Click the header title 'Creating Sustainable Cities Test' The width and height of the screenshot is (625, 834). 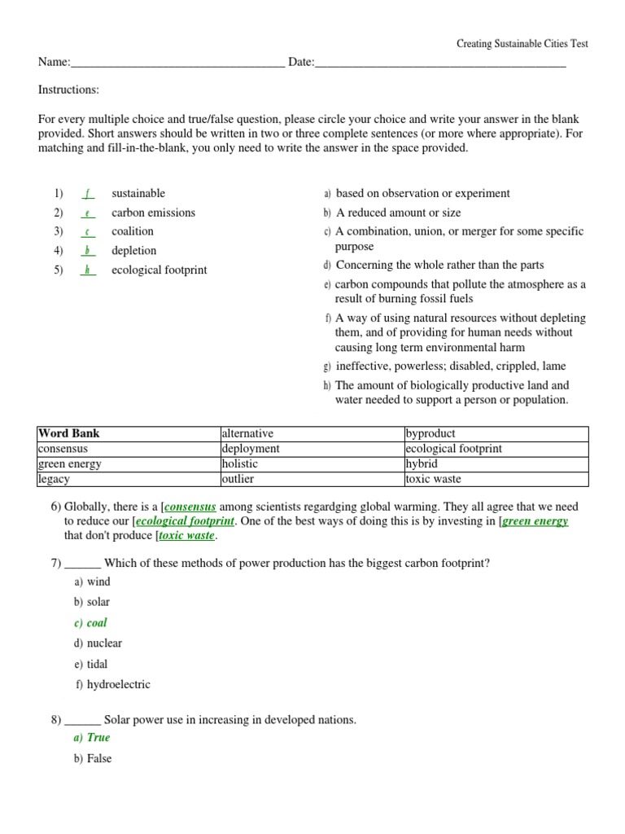click(521, 44)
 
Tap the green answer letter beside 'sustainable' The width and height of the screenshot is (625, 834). click(88, 194)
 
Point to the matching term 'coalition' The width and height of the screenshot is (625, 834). click(133, 231)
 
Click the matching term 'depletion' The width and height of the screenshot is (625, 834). click(134, 251)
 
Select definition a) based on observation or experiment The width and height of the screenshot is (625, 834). click(417, 194)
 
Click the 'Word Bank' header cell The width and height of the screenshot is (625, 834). click(69, 434)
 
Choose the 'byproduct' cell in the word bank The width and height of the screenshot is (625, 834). click(431, 434)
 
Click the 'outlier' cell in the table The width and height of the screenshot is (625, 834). click(238, 479)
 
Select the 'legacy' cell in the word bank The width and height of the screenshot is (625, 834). click(55, 479)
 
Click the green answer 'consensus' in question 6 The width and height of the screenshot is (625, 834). click(190, 506)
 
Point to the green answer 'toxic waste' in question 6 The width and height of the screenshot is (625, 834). click(186, 536)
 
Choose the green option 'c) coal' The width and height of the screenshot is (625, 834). click(90, 623)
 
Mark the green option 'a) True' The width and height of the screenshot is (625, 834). click(92, 738)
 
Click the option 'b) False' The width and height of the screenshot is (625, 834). click(93, 759)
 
